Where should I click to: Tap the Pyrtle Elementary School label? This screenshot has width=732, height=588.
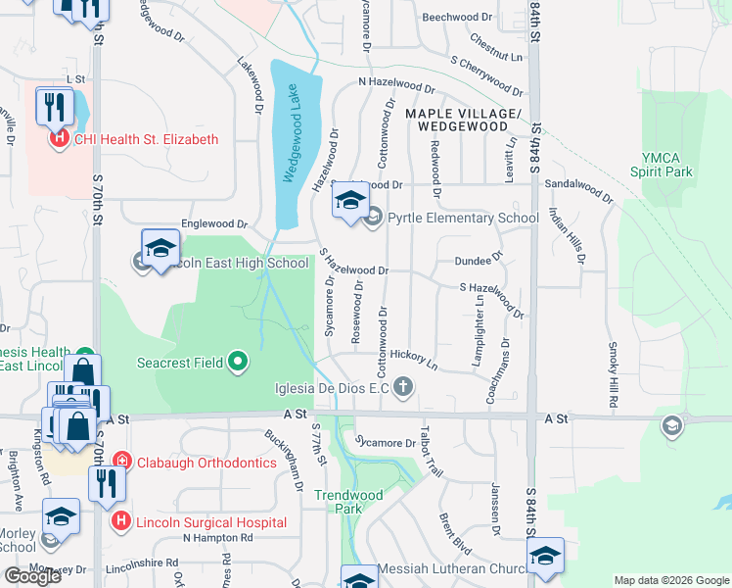pos(463,219)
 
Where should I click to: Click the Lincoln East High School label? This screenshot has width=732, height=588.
pos(234,263)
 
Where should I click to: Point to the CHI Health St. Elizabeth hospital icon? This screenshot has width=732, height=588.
pos(59,139)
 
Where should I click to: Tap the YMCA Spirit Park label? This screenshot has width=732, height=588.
pos(667,165)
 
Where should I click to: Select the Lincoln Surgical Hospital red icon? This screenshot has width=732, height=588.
pos(121,520)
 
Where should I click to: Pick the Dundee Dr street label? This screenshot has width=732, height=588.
pos(479,260)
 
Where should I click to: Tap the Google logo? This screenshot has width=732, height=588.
pos(33,576)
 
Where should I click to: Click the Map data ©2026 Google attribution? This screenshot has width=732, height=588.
pos(670,580)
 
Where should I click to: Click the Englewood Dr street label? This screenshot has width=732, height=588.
pos(208,224)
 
